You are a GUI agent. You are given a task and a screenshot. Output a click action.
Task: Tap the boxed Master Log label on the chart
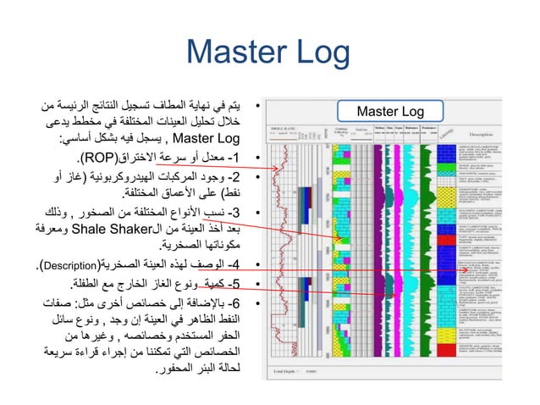point(390,112)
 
